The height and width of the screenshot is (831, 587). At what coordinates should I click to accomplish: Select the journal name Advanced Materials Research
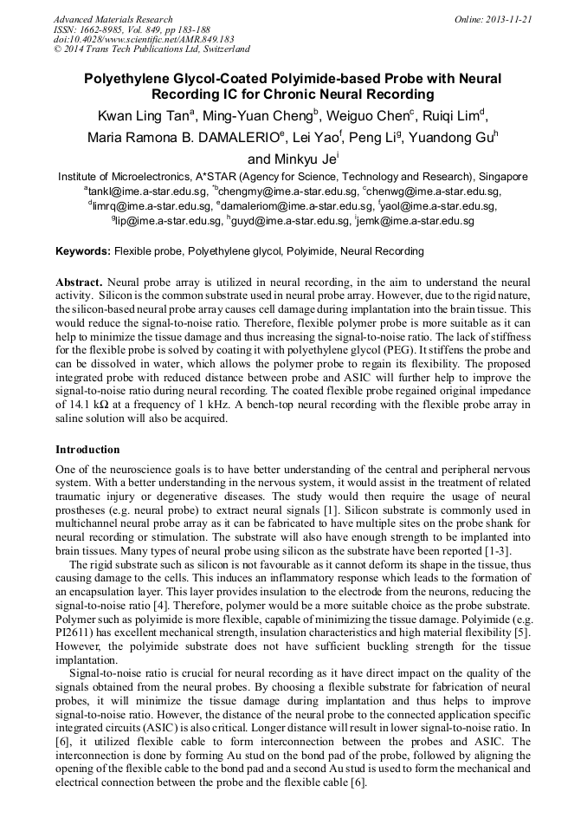113,19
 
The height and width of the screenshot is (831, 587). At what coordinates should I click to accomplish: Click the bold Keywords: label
83,251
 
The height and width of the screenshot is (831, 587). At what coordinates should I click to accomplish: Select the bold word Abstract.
79,282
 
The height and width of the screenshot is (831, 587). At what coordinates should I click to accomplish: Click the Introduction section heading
87,450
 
